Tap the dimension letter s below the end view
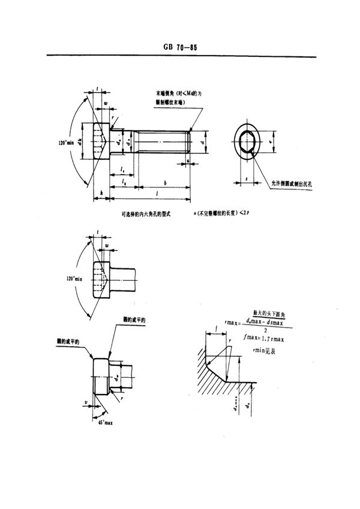247,178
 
